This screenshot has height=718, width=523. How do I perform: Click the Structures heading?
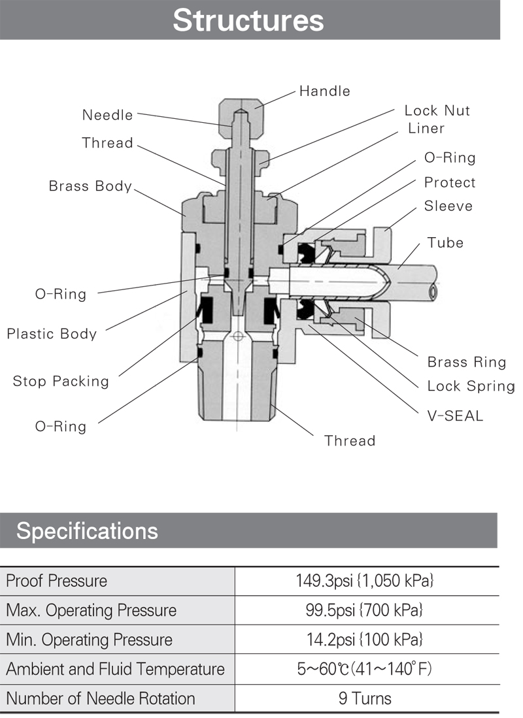(x=248, y=20)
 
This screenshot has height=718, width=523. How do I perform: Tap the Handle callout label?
(x=324, y=91)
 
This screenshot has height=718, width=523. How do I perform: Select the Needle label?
(x=107, y=116)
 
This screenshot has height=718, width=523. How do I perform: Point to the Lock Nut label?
(x=437, y=110)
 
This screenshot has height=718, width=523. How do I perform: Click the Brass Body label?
(x=90, y=186)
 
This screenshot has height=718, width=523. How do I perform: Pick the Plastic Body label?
(x=52, y=334)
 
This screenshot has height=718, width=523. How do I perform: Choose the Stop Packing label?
(x=61, y=381)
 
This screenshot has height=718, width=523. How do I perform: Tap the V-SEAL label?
(x=451, y=415)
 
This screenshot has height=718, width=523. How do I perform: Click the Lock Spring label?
(x=471, y=386)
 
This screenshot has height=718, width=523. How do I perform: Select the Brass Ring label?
(x=466, y=362)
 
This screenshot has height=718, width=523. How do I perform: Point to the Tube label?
(x=445, y=243)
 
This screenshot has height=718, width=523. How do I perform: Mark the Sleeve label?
(x=448, y=206)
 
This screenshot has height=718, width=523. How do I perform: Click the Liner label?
(x=426, y=128)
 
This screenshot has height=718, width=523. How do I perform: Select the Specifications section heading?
(x=87, y=530)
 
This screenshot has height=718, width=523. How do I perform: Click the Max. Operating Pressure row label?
(x=91, y=610)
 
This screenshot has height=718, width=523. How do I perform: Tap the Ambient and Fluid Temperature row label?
(x=115, y=669)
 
